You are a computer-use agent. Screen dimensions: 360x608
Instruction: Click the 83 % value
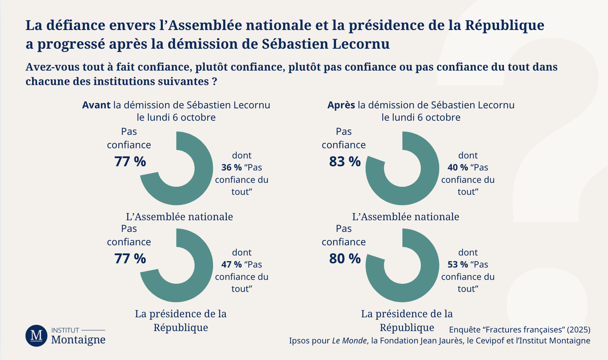tap(345, 162)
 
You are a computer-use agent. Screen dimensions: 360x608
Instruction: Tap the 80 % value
tap(345, 259)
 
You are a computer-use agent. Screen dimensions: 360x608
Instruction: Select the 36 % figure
tap(231, 167)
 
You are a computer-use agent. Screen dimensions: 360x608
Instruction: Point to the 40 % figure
tap(457, 167)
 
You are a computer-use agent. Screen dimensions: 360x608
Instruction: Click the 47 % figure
tap(231, 264)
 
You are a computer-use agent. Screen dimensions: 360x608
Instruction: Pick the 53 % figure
tap(457, 264)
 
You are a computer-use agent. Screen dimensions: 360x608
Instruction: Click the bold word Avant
tap(96, 105)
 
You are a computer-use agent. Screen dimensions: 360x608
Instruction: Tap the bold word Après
tap(341, 105)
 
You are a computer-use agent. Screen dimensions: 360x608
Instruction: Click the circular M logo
tap(36, 336)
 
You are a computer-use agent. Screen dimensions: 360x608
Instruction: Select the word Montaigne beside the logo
tap(78, 340)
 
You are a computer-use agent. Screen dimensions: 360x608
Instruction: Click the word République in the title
tap(504, 25)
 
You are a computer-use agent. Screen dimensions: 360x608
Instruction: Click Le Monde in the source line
tap(349, 341)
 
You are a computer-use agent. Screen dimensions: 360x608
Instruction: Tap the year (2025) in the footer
tap(578, 330)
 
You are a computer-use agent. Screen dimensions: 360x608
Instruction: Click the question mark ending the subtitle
tap(214, 82)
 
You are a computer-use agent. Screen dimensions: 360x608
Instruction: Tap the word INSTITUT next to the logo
tap(65, 330)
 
